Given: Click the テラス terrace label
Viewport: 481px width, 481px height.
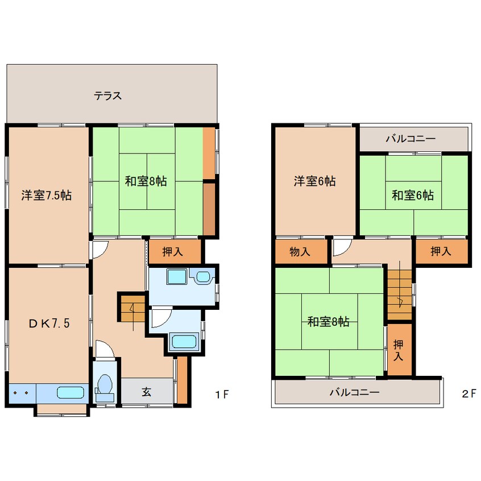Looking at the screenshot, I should pyautogui.click(x=108, y=96).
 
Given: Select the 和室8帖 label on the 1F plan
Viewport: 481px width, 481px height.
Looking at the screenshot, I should pyautogui.click(x=146, y=182).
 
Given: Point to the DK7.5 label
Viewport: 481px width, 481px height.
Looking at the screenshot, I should pyautogui.click(x=50, y=324).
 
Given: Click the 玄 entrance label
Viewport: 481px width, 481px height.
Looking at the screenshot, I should pyautogui.click(x=146, y=391).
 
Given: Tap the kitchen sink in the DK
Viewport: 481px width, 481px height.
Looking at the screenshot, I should pyautogui.click(x=70, y=392).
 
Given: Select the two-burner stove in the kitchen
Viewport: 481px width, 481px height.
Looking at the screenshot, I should pyautogui.click(x=22, y=392).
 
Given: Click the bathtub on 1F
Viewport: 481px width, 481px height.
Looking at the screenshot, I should pyautogui.click(x=184, y=342).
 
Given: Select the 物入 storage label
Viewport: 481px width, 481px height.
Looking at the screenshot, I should pyautogui.click(x=300, y=252).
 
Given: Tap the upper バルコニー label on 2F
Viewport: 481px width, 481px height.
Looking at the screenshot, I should pyautogui.click(x=410, y=139).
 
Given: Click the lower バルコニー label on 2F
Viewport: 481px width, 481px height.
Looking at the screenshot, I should pyautogui.click(x=354, y=392).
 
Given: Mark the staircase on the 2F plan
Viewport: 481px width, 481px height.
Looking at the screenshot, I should pyautogui.click(x=400, y=296).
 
